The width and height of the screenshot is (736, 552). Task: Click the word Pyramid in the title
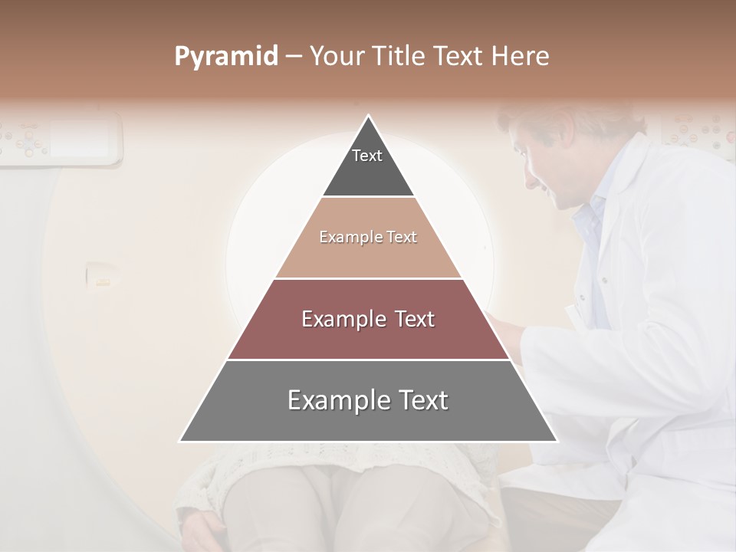coord(225,56)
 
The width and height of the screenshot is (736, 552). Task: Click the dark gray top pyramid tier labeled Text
coord(368,165)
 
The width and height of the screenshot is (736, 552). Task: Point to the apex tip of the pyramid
coord(368,117)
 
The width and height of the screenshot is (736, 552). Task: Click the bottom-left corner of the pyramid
coord(181,441)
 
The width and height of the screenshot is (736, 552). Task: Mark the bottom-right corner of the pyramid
coord(557,441)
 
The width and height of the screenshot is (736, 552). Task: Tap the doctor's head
coord(571,153)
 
